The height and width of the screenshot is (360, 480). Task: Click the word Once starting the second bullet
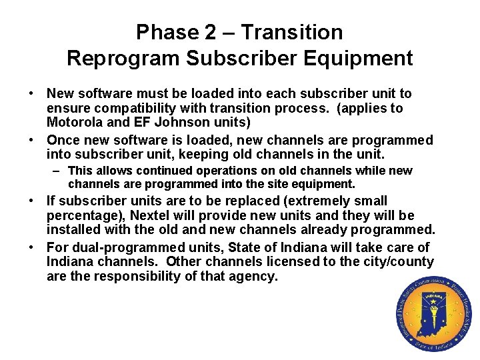coord(63,141)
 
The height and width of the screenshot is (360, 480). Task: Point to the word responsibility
coord(128,276)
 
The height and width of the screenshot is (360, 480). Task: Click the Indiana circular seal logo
coord(433,314)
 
